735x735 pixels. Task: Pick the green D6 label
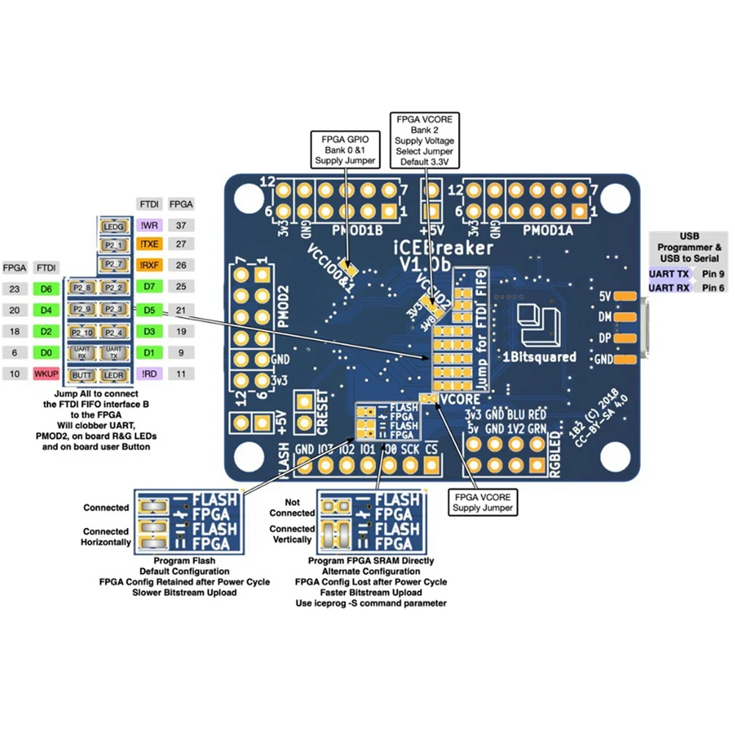click(48, 289)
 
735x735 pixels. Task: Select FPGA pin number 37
click(181, 225)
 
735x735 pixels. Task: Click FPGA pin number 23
click(15, 289)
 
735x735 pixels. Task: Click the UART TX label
click(669, 273)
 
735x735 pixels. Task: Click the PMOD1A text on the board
click(547, 230)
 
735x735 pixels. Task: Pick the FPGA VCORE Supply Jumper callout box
click(481, 502)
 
